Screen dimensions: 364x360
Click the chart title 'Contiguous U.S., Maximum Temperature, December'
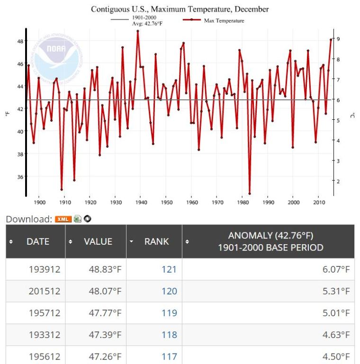pos(180,9)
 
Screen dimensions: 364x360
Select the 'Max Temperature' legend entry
pos(224,20)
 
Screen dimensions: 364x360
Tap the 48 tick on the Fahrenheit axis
pos(20,41)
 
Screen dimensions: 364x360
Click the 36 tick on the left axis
pos(20,177)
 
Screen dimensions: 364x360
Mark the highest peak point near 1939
pos(138,31)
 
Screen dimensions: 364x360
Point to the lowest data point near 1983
pos(250,193)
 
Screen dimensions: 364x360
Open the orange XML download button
pos(63,219)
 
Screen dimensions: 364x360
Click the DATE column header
pos(38,241)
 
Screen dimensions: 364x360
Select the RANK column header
pos(156,241)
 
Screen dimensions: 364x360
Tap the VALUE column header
pos(98,241)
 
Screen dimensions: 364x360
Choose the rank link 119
pos(169,313)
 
